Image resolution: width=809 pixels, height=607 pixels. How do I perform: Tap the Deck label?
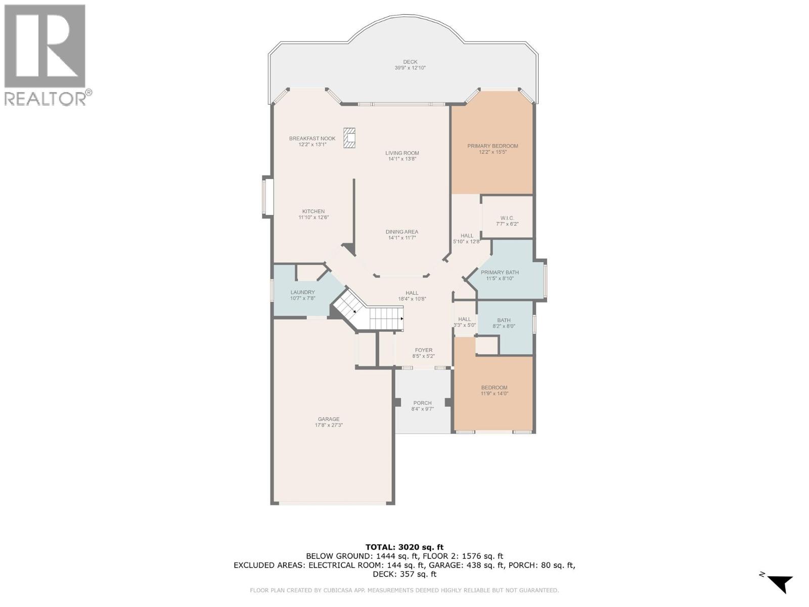coord(410,62)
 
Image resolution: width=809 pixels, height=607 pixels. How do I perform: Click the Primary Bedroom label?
coord(492,146)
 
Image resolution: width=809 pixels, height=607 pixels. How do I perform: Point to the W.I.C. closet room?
coord(507,219)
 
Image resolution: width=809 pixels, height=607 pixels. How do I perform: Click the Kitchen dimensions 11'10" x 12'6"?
coord(313,218)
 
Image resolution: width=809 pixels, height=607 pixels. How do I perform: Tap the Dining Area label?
coord(402,232)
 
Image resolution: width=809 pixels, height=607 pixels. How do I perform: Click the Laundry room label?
coord(302,292)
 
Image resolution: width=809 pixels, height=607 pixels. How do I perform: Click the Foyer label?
coord(423,350)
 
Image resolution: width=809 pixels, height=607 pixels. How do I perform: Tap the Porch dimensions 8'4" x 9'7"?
coord(422,409)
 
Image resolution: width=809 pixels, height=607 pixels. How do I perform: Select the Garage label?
coord(329,419)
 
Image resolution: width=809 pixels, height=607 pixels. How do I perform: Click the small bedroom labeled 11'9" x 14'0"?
coord(494,391)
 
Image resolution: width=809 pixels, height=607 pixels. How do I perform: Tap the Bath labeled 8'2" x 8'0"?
coord(504,323)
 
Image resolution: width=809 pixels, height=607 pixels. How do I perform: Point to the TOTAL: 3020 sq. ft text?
coord(404,547)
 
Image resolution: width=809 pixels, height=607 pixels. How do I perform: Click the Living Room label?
coord(402,153)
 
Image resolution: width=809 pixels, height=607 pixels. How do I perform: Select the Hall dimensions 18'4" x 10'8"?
coord(412,299)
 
